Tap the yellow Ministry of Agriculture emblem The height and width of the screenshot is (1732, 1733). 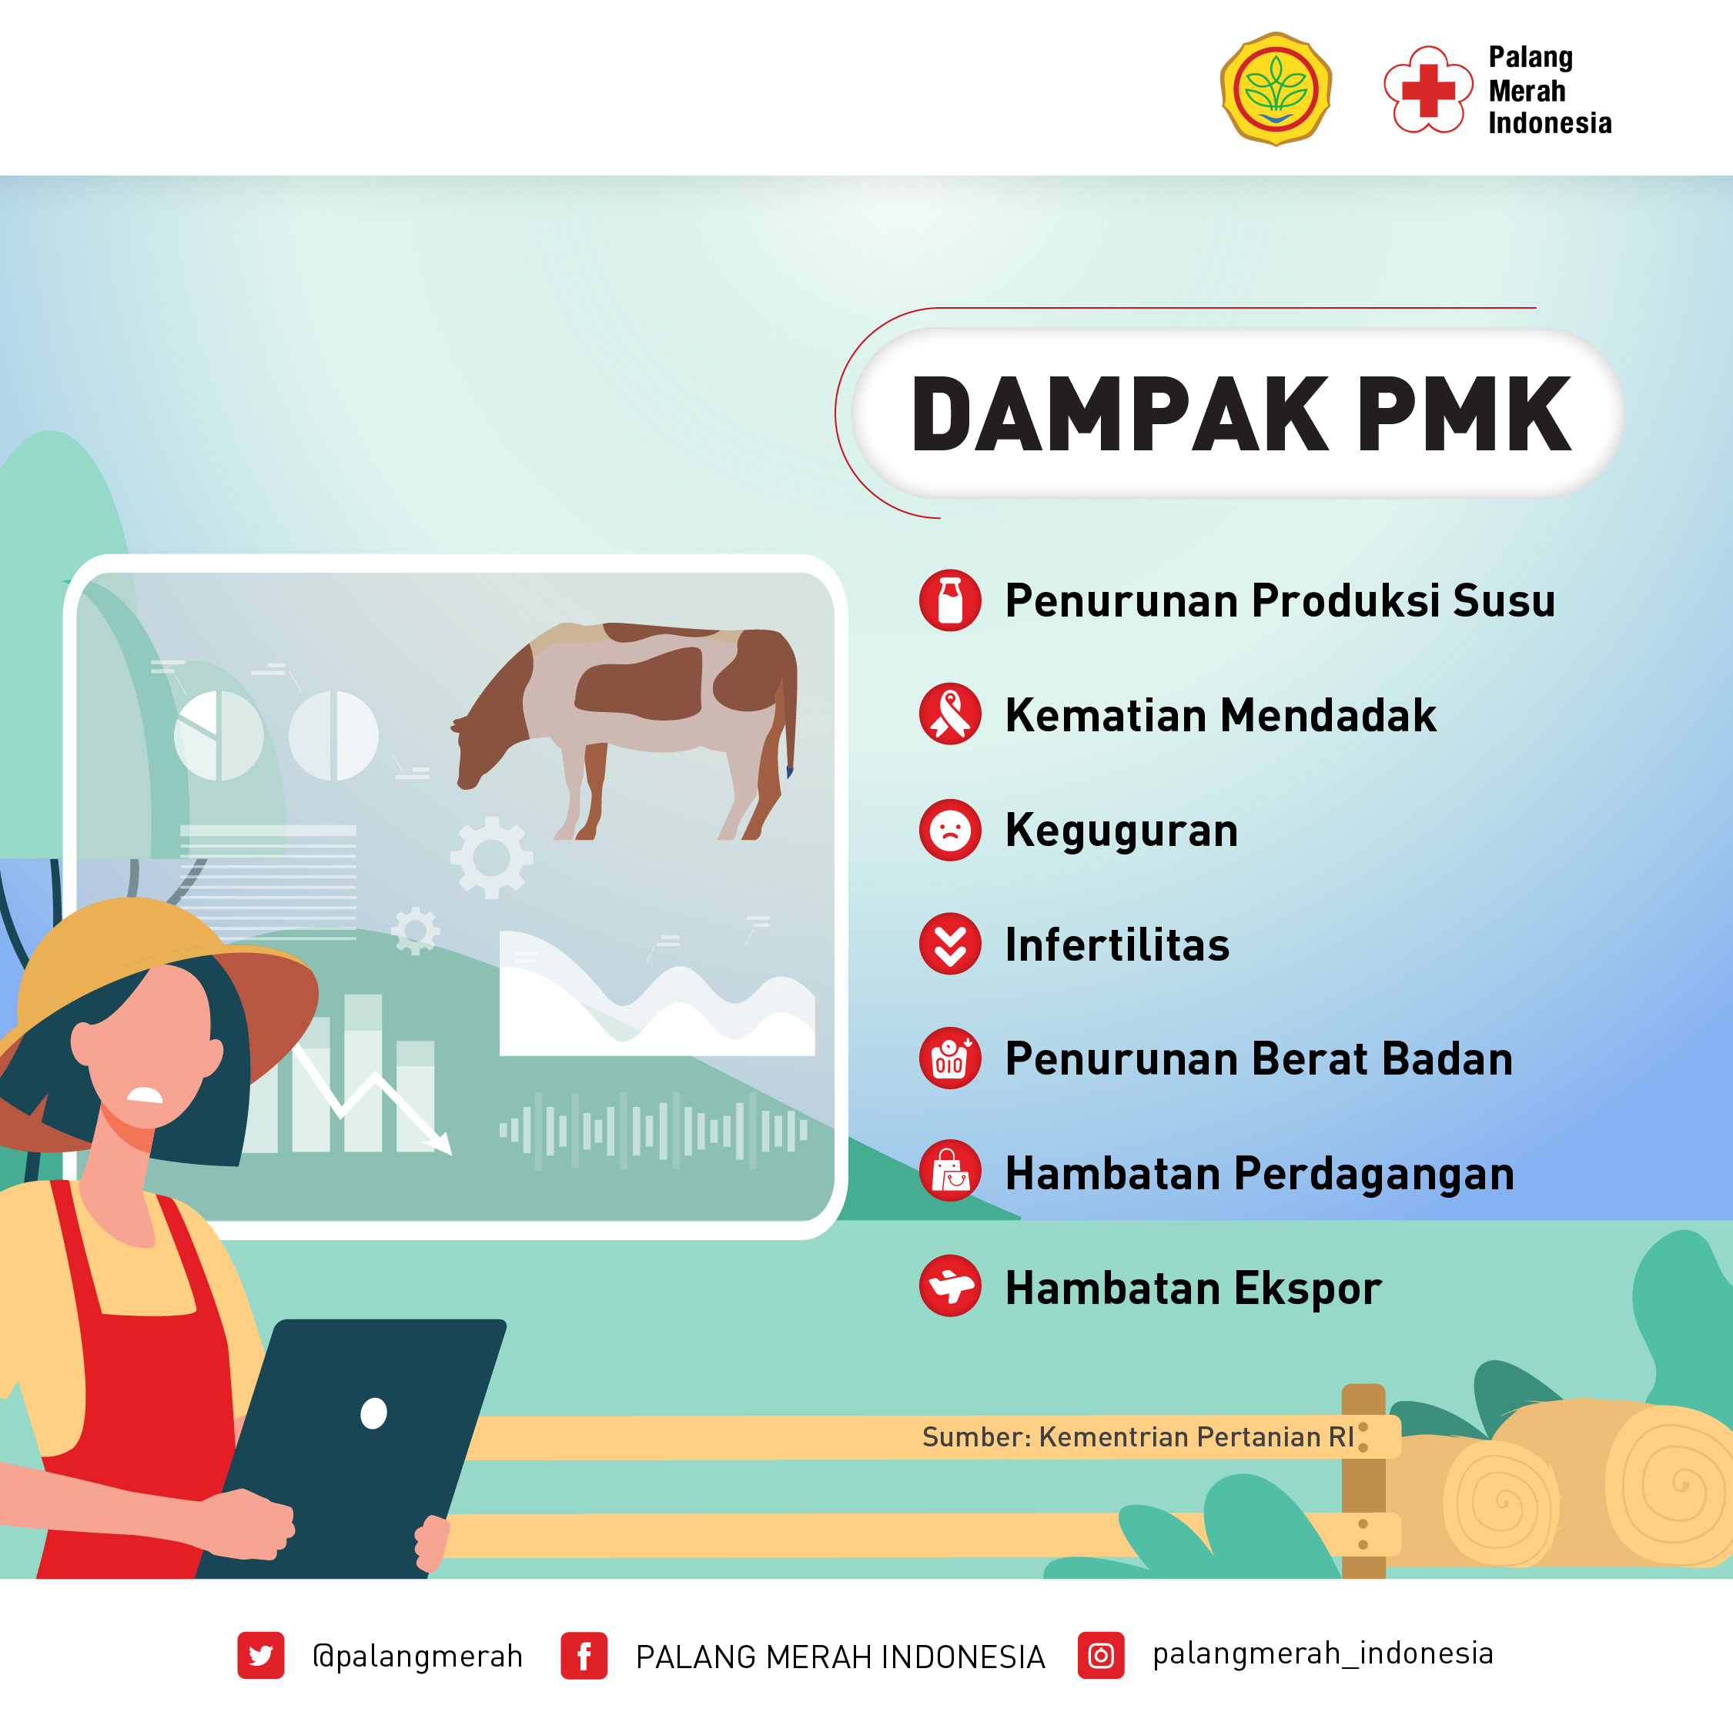pos(1276,89)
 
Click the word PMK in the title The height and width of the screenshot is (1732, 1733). pos(1464,414)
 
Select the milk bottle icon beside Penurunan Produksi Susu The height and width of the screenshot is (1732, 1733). pos(950,600)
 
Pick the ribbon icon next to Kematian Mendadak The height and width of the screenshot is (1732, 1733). pos(950,714)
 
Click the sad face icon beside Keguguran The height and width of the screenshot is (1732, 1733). pos(950,830)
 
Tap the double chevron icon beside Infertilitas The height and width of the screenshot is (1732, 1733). pos(950,944)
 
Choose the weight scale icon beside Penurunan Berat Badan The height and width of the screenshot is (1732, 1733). pos(950,1058)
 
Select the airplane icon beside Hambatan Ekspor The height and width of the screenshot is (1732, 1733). pos(950,1286)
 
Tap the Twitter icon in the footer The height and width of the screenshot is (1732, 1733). pos(261,1655)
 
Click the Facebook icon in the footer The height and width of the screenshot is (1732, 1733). pos(584,1655)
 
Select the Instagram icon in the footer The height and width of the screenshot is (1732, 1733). pos(1101,1655)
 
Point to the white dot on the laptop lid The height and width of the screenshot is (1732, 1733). pos(373,1413)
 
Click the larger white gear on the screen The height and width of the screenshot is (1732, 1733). pos(491,858)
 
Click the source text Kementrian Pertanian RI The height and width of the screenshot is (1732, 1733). pos(1196,1437)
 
